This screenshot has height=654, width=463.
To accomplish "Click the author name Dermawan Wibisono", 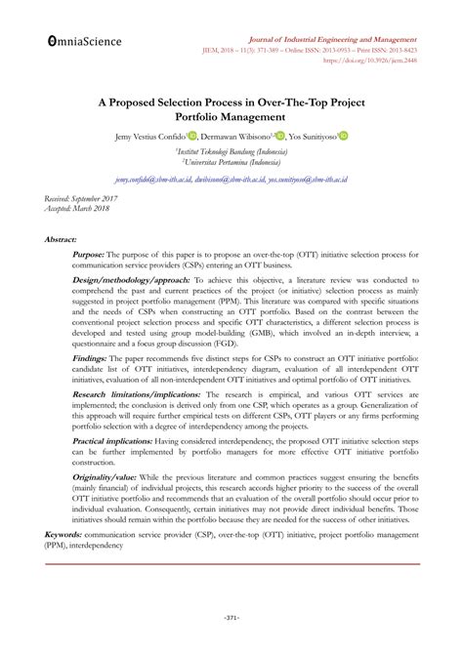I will (x=236, y=137).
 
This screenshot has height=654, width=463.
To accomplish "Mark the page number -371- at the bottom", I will (x=231, y=620).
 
